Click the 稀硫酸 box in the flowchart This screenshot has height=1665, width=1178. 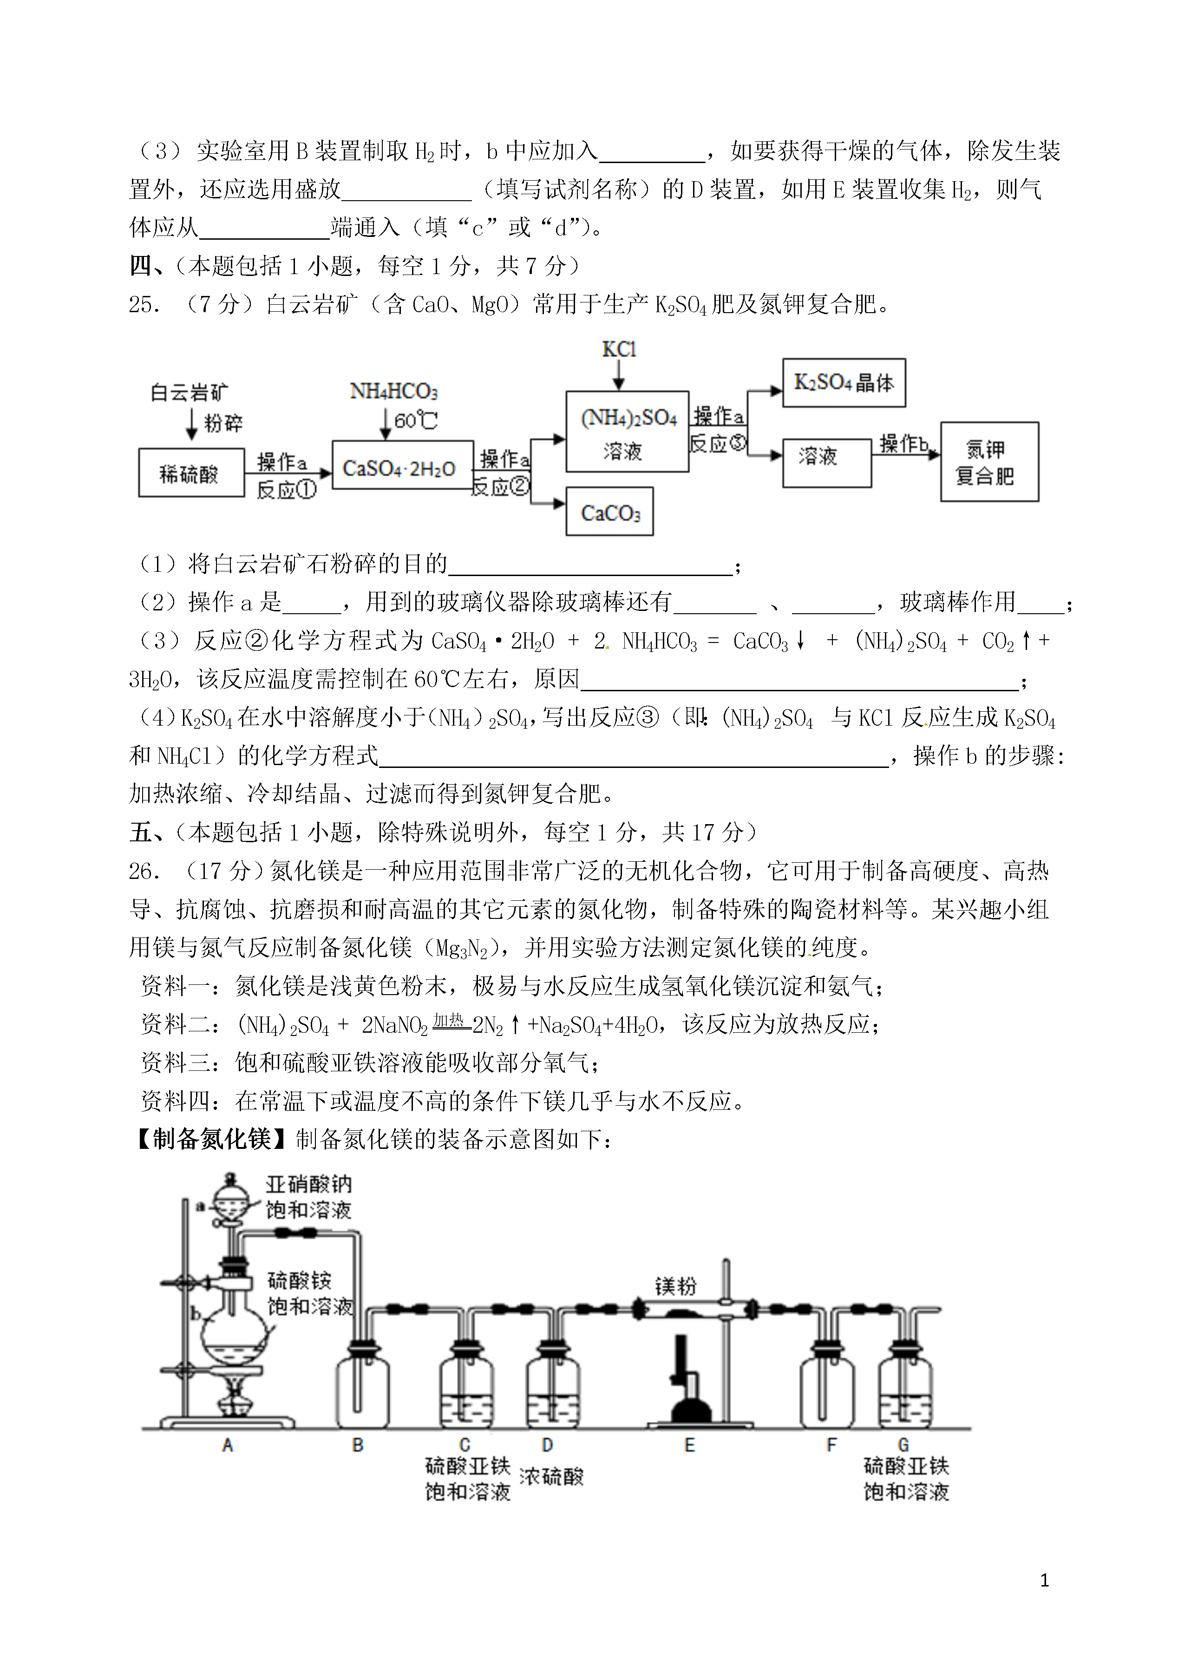point(191,472)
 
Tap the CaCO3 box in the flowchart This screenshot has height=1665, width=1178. point(609,511)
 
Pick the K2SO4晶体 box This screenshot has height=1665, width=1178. point(844,382)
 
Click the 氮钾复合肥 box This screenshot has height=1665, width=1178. point(989,461)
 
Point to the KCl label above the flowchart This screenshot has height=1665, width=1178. point(619,350)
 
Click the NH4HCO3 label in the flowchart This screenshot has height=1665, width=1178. point(394,392)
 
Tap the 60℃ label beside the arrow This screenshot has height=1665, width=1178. point(416,420)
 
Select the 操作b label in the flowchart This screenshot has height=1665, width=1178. point(904,443)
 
